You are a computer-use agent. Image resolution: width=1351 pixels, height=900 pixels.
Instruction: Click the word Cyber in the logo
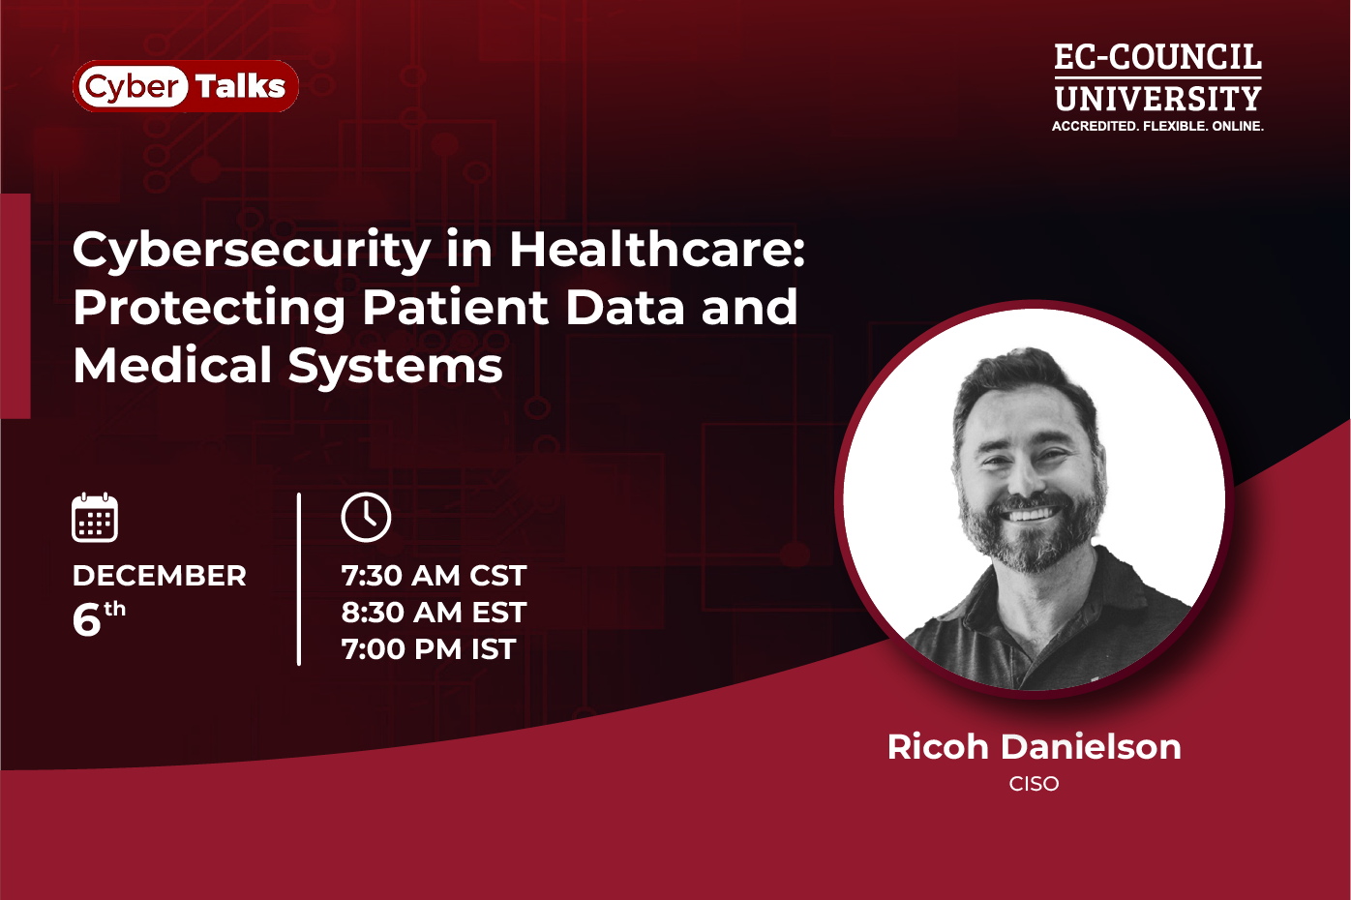click(132, 87)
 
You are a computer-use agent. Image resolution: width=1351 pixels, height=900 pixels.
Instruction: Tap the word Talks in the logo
click(241, 86)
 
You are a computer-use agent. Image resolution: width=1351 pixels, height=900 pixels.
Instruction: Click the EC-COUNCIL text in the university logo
click(1157, 58)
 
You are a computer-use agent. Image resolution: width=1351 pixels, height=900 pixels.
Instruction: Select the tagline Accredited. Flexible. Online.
click(1157, 126)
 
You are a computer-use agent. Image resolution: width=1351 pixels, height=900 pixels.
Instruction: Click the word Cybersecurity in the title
click(252, 251)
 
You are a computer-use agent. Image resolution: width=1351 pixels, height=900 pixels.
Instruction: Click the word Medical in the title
click(172, 366)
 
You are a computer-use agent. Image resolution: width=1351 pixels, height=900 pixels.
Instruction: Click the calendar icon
click(95, 517)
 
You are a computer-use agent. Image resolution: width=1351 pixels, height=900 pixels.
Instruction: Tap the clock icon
click(366, 517)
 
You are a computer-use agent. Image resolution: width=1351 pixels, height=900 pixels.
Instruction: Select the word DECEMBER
click(160, 576)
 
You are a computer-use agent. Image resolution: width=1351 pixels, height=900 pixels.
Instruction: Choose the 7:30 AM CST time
click(434, 576)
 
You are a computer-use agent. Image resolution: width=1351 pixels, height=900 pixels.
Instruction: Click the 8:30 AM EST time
click(434, 613)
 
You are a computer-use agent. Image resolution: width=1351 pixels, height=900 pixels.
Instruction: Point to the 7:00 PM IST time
click(429, 649)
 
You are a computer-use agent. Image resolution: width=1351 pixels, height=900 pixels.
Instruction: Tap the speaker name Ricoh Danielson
click(1034, 746)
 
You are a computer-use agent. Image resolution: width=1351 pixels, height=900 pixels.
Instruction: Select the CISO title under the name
click(1034, 784)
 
